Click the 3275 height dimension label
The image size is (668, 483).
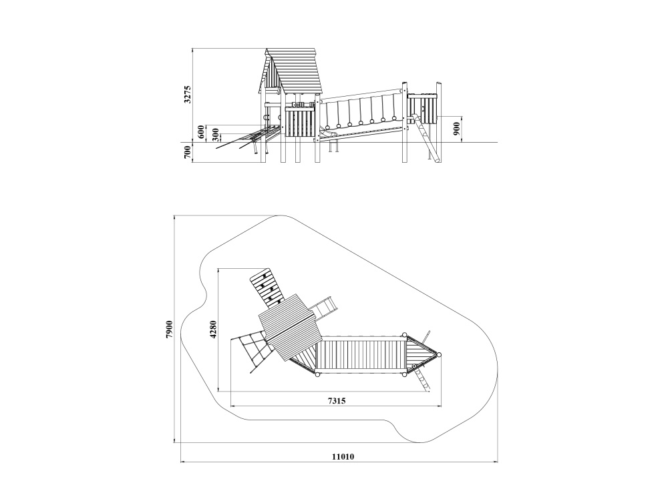(188, 95)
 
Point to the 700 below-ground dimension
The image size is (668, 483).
(187, 152)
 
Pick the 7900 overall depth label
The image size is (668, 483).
(169, 329)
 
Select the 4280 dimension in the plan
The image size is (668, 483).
(214, 329)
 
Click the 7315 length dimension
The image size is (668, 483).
(337, 400)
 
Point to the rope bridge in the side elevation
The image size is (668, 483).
(362, 111)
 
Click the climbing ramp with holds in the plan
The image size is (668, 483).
(267, 288)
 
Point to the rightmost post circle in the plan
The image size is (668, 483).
(440, 354)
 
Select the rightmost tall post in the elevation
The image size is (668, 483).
(438, 121)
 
